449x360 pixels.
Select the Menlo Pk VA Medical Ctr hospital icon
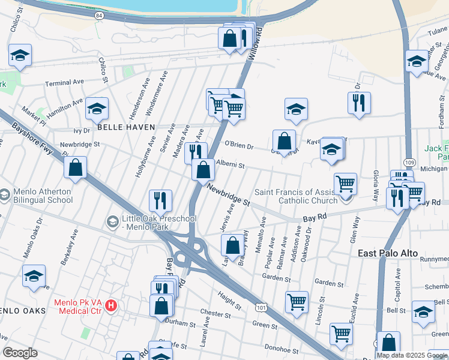coord(110,306)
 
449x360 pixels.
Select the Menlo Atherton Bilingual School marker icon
coord(5,195)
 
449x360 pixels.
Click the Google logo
coord(20,353)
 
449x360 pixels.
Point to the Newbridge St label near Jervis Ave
coord(228,196)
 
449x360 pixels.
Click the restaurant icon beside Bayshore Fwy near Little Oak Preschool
coord(160,200)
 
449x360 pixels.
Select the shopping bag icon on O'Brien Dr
coord(285,141)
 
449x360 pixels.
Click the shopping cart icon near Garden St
coord(297,302)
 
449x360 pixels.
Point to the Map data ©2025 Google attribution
coord(412,355)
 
